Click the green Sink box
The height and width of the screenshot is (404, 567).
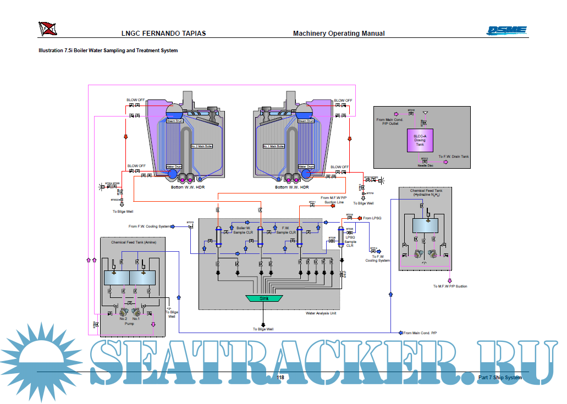pos(263,298)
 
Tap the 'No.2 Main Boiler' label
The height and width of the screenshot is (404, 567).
pos(201,146)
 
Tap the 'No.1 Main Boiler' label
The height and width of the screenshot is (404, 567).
pos(273,146)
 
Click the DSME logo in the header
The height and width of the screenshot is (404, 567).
pos(507,31)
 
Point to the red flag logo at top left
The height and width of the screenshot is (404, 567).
pos(47,28)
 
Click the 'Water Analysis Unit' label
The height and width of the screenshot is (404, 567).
pos(321,313)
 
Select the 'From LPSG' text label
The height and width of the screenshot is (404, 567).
pos(372,218)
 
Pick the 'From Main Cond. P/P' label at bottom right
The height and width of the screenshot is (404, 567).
pos(420,333)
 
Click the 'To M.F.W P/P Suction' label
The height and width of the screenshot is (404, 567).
pos(450,286)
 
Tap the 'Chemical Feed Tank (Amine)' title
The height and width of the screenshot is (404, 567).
pos(132,242)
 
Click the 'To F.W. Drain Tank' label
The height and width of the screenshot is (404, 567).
pos(454,157)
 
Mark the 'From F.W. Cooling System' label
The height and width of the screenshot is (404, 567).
pos(149,226)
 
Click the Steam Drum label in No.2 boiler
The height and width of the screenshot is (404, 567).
pos(174,121)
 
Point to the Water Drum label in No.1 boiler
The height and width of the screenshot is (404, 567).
pos(306,167)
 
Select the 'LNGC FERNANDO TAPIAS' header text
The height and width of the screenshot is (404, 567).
pos(163,34)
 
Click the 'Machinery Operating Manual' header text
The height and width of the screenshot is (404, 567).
pos(339,34)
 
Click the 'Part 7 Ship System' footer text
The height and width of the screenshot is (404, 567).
pos(499,378)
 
